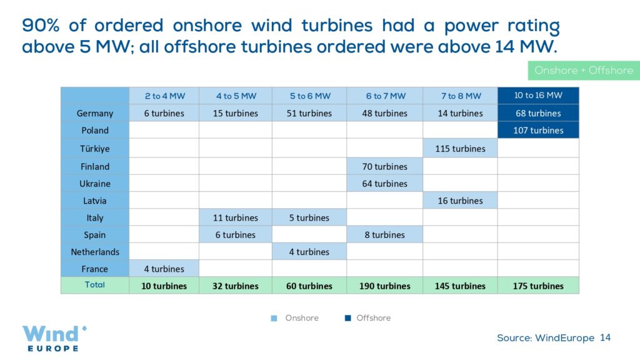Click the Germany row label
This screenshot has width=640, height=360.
tap(95, 113)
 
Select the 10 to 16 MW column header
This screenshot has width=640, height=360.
tap(538, 96)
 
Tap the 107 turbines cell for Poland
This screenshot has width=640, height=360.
tap(538, 130)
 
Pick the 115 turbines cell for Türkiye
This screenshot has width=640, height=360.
tap(460, 149)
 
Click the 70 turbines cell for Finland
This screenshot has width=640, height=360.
tap(384, 166)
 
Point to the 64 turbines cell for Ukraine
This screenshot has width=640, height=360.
tap(384, 184)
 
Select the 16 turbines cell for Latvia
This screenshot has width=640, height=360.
tap(460, 201)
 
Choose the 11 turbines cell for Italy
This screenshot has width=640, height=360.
tap(235, 218)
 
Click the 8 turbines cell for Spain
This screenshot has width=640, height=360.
tap(384, 235)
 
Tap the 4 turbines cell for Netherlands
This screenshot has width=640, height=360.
tap(309, 252)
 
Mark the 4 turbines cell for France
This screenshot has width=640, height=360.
tap(164, 269)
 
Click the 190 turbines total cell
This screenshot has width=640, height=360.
tap(384, 286)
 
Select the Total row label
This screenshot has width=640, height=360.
tap(95, 285)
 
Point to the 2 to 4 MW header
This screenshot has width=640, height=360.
tap(164, 96)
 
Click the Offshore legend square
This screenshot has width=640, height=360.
tap(347, 318)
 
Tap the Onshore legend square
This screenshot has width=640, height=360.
tap(274, 318)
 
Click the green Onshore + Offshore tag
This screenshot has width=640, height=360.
tap(584, 70)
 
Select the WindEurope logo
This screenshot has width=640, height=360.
tap(54, 338)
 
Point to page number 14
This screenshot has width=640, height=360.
tap(605, 337)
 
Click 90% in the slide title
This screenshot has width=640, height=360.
tap(41, 25)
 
